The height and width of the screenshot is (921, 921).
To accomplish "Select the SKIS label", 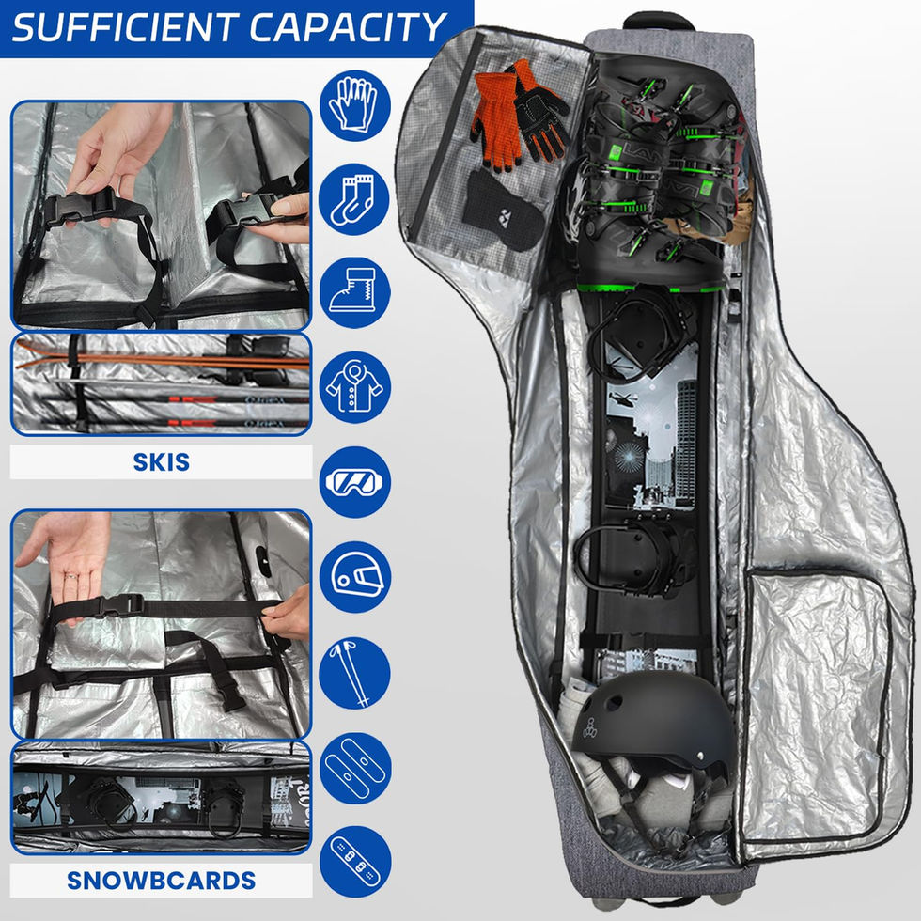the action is point(161,462).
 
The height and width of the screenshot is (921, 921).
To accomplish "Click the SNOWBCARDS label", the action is point(161,881).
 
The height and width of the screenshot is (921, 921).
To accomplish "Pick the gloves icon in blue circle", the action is point(354,105).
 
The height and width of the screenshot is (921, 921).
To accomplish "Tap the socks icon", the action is point(354,199).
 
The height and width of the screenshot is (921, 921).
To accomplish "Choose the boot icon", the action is point(354,292).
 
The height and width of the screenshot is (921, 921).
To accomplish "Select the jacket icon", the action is point(354,387).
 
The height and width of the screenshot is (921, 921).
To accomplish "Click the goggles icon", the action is point(354,482).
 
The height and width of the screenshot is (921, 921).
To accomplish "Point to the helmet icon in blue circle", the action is point(354,577).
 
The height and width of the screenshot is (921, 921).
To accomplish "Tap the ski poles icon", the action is point(354,673).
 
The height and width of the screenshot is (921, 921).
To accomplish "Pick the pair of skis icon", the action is point(354,768).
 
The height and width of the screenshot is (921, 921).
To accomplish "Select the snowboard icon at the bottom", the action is point(354,863).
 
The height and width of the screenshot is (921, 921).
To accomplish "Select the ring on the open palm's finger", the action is point(71,577).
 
